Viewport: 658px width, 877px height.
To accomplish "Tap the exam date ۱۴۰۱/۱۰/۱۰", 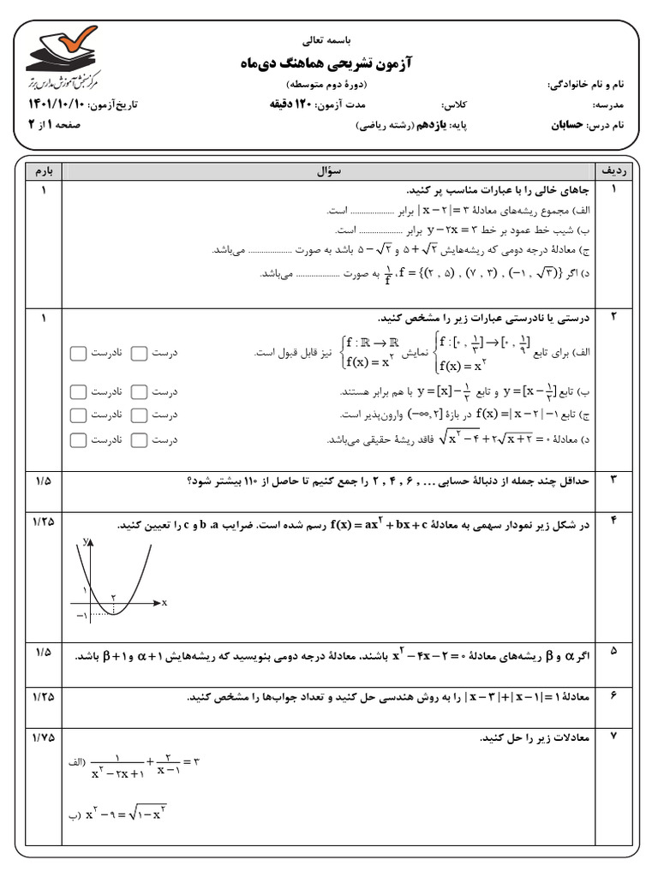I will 48,105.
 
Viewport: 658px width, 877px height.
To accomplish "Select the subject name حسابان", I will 568,124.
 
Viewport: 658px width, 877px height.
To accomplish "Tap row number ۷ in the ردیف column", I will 614,736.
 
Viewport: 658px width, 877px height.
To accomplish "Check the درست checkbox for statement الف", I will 139,353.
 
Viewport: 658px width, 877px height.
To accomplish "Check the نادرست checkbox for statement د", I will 78,439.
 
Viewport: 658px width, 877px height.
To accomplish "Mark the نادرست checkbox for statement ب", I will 78,391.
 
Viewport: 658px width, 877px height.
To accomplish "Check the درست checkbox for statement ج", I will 139,415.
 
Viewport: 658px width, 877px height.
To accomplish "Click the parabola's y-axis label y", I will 87,540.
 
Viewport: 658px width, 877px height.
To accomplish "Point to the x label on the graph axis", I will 164,603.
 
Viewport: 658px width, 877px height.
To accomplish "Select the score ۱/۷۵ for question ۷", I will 41,736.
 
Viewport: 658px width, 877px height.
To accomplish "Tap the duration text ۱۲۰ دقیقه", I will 289,105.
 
